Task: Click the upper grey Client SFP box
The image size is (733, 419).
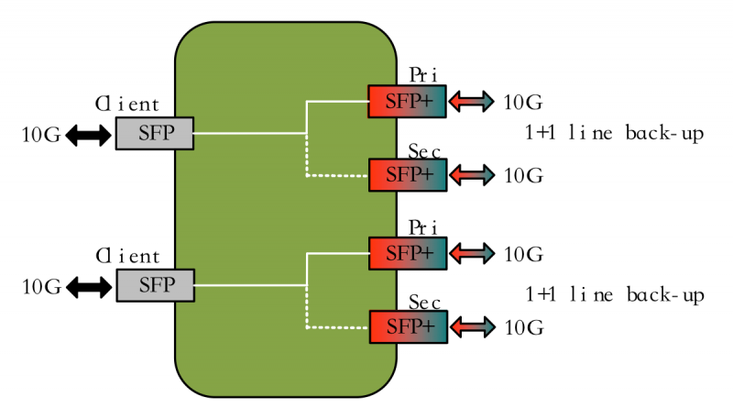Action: click(155, 134)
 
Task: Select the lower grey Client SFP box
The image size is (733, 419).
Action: click(155, 285)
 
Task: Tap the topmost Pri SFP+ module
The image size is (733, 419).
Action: click(407, 101)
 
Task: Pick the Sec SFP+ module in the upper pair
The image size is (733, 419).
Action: click(407, 174)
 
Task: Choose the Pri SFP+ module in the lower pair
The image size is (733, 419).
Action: click(407, 253)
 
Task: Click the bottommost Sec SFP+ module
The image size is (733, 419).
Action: click(407, 326)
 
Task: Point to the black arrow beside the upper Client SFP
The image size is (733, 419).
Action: click(87, 136)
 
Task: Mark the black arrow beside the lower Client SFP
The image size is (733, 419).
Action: click(87, 287)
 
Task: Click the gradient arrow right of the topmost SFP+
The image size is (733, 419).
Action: click(471, 102)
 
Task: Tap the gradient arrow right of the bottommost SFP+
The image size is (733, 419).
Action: click(471, 326)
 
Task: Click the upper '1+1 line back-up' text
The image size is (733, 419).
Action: click(614, 134)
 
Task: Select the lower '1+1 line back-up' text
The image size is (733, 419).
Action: click(614, 295)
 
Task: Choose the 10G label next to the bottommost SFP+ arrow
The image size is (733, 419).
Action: click(524, 326)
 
